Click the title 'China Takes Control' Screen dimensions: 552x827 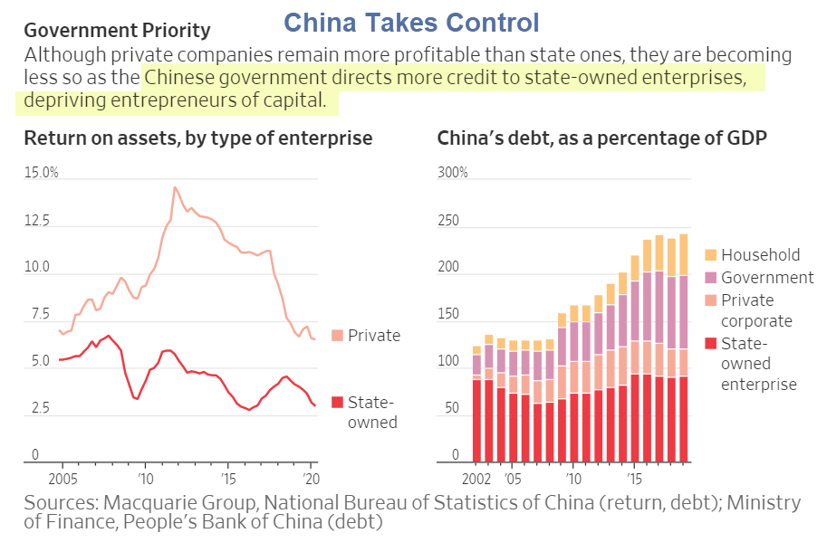(x=410, y=22)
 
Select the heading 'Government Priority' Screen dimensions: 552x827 (x=117, y=32)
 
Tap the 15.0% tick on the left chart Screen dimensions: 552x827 (x=41, y=172)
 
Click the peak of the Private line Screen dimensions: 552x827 (x=175, y=187)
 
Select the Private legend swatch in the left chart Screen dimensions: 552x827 (x=338, y=336)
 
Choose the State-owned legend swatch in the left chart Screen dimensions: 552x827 (x=338, y=402)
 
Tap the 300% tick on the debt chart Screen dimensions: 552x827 (x=453, y=172)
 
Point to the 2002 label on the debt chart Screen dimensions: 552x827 (x=477, y=477)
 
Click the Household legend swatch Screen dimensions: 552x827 (x=710, y=255)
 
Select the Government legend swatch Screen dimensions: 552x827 (x=710, y=278)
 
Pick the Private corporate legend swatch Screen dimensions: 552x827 (x=710, y=300)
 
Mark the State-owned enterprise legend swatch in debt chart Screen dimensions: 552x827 (x=710, y=343)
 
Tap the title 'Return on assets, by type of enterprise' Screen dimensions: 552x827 (x=197, y=138)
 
